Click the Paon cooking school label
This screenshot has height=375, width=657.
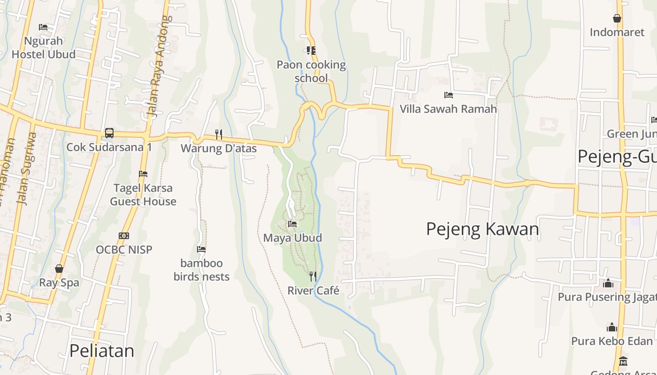click(311, 71)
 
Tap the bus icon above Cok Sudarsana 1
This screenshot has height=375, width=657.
click(109, 133)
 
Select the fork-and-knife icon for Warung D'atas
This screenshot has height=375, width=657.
click(219, 135)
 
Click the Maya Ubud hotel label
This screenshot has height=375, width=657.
click(292, 238)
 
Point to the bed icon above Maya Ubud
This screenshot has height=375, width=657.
click(292, 224)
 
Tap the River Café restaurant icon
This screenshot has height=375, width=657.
click(313, 277)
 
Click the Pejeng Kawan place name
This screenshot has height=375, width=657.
click(482, 229)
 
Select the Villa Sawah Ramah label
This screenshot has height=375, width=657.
click(448, 109)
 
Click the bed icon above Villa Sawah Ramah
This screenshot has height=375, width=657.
click(449, 95)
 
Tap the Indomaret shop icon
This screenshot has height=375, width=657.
click(617, 19)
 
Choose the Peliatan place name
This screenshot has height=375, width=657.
click(101, 351)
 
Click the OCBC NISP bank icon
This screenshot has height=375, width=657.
click(124, 236)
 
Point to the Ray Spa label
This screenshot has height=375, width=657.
click(59, 283)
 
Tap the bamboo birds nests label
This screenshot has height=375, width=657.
click(201, 270)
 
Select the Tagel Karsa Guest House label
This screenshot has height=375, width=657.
click(143, 195)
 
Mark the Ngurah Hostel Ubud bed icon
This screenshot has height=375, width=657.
click(43, 27)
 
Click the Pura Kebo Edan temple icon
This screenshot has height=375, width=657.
click(612, 327)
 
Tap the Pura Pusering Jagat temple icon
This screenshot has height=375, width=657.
click(608, 283)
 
